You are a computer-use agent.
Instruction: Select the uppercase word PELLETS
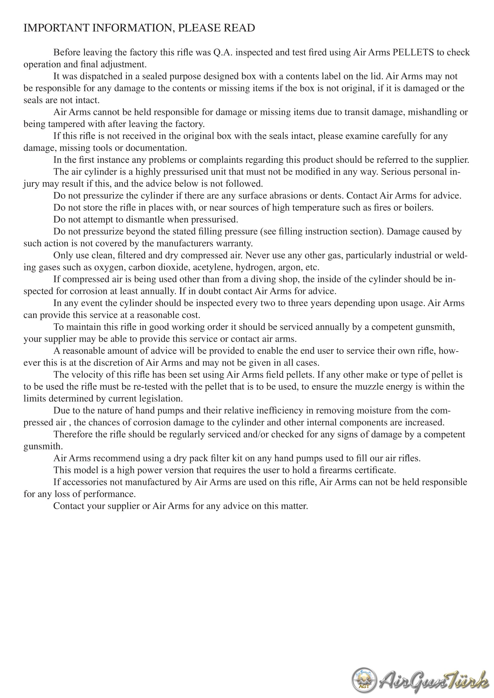click(413, 52)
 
